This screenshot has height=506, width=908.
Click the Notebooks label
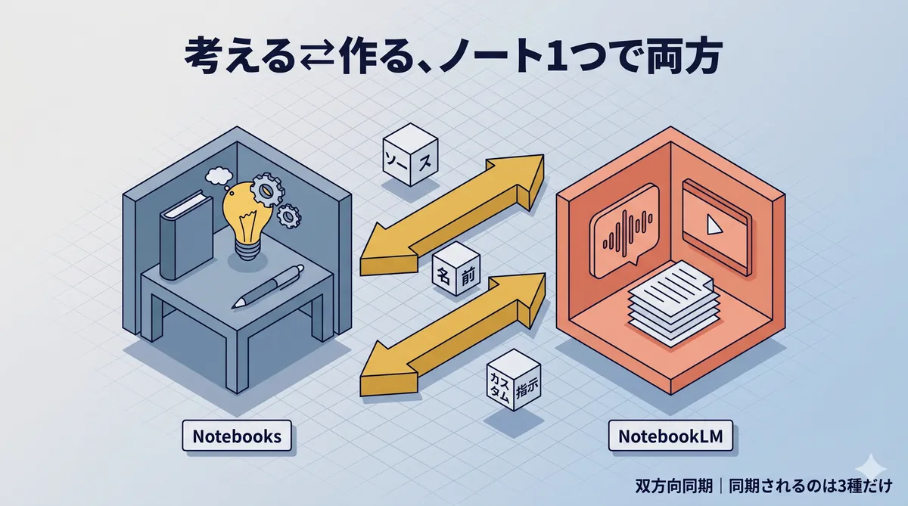[x=237, y=436]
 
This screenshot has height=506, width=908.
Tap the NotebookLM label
[x=670, y=436]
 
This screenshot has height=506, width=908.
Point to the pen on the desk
[x=269, y=284]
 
